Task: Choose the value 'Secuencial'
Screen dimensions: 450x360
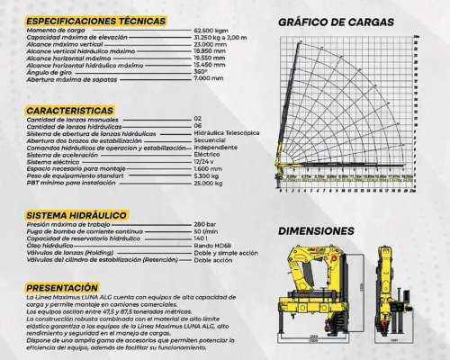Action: (x=210, y=139)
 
